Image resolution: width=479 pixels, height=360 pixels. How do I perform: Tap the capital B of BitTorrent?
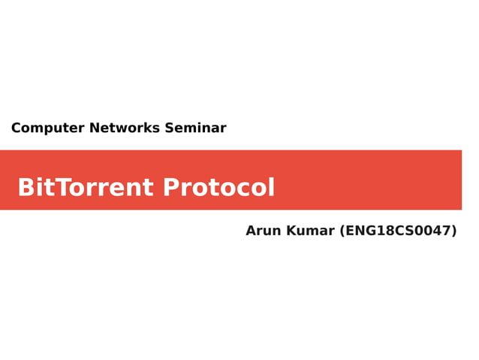tap(25, 187)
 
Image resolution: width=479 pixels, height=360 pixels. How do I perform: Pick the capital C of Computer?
tap(16, 128)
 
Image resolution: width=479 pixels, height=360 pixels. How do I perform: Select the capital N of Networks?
tap(95, 128)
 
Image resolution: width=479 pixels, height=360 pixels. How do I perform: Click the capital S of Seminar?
tap(169, 128)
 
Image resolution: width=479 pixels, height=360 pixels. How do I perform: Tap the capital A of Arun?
tap(251, 231)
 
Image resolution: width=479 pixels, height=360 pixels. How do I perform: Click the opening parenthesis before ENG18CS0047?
tap(343, 231)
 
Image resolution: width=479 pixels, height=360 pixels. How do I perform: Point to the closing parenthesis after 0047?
tap(453, 231)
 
